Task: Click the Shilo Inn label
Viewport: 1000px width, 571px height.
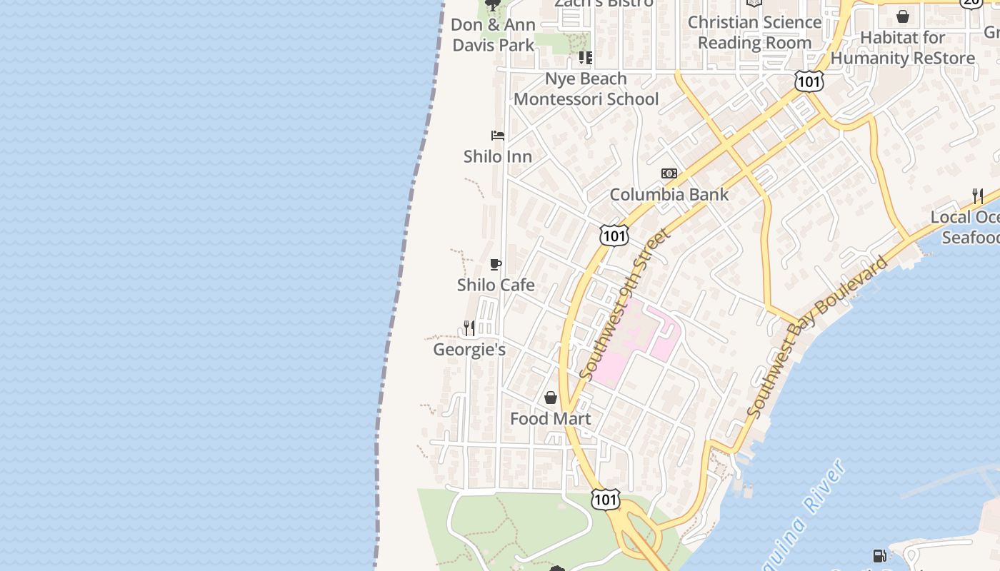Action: point(497,156)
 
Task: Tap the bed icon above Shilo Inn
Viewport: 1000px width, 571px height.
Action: point(498,135)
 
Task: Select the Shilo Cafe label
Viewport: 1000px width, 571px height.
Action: point(496,285)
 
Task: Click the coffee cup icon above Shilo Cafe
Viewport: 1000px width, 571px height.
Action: point(496,265)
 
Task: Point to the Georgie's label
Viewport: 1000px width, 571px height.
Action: point(469,350)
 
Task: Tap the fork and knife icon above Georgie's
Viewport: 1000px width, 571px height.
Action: point(469,328)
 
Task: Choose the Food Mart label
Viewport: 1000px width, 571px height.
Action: point(550,419)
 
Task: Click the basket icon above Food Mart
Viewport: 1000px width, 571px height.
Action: point(551,398)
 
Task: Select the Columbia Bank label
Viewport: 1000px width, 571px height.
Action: point(669,194)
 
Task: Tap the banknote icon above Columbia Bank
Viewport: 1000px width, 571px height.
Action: point(669,173)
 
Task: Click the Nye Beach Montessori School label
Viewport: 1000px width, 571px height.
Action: point(586,89)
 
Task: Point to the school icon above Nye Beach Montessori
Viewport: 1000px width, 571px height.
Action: point(586,57)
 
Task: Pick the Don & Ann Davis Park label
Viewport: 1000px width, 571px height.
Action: point(493,35)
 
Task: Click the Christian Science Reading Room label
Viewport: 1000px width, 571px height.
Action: point(754,32)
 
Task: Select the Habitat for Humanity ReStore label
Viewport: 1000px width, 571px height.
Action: point(903,47)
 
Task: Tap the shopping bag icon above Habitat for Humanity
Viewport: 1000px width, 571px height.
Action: point(903,16)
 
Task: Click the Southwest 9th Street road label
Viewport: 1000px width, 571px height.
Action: point(625,303)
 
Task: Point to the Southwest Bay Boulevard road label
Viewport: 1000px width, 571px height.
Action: point(819,336)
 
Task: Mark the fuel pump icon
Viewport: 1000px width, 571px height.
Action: point(880,556)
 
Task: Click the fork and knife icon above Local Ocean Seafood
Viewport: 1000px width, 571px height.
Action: point(977,196)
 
